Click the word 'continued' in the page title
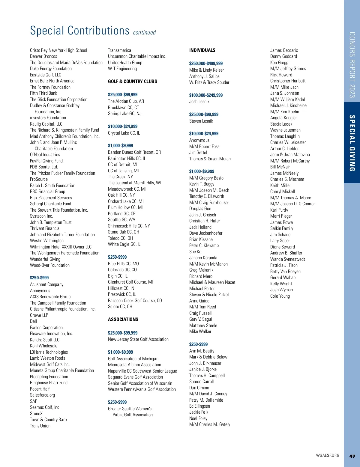point(144,33)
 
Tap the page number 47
point(352,456)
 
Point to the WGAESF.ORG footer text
point(328,456)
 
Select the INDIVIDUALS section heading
point(202,50)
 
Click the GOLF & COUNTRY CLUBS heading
point(132,82)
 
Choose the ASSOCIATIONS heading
point(123,320)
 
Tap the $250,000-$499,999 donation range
point(206,64)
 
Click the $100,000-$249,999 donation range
point(206,95)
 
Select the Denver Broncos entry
point(43,56)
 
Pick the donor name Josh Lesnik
point(199,102)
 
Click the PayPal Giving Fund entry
point(46,161)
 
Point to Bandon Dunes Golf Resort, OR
point(134,152)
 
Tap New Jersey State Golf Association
point(138,339)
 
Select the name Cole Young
point(280,296)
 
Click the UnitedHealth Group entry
point(125,63)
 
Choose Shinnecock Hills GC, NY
point(129,226)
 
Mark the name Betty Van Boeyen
point(285,272)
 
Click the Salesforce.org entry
point(42,395)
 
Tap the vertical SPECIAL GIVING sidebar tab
point(352,143)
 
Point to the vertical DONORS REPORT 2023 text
point(352,65)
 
